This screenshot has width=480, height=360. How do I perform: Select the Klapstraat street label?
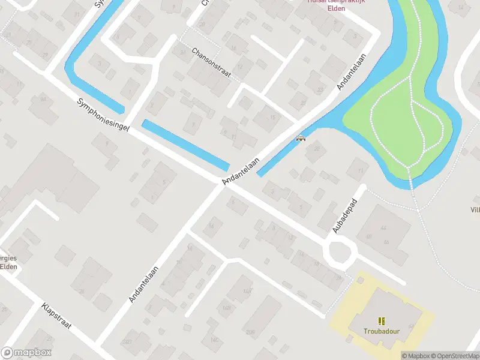(57, 316)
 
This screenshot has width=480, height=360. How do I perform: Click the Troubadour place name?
(380, 331)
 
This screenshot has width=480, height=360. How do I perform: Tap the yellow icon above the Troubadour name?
(380, 321)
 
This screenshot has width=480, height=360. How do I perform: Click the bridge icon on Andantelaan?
(301, 139)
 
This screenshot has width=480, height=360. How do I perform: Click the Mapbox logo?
(26, 353)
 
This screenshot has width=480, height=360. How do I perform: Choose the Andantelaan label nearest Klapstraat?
(143, 283)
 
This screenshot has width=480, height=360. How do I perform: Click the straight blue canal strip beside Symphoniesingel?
(185, 145)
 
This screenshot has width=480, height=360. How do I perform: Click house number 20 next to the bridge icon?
(316, 149)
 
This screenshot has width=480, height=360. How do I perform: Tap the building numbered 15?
(272, 118)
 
